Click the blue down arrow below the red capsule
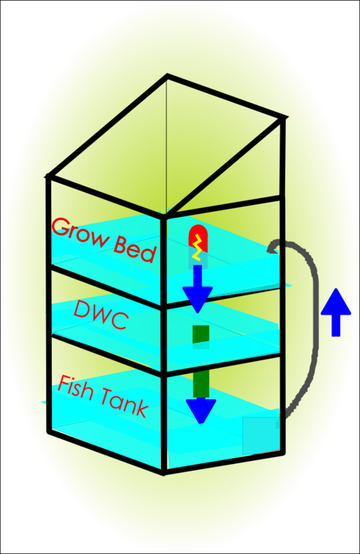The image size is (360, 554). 198,287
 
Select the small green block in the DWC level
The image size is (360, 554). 200,334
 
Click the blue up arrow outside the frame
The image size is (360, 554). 336,312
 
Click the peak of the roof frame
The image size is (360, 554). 167,75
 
